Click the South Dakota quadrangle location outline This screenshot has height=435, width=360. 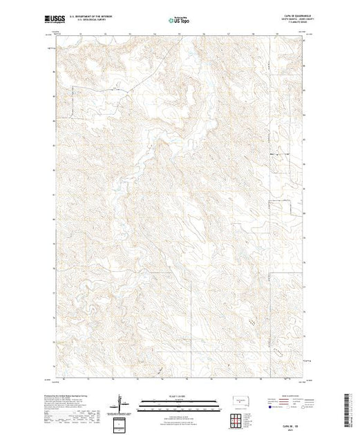coord(238,399)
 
